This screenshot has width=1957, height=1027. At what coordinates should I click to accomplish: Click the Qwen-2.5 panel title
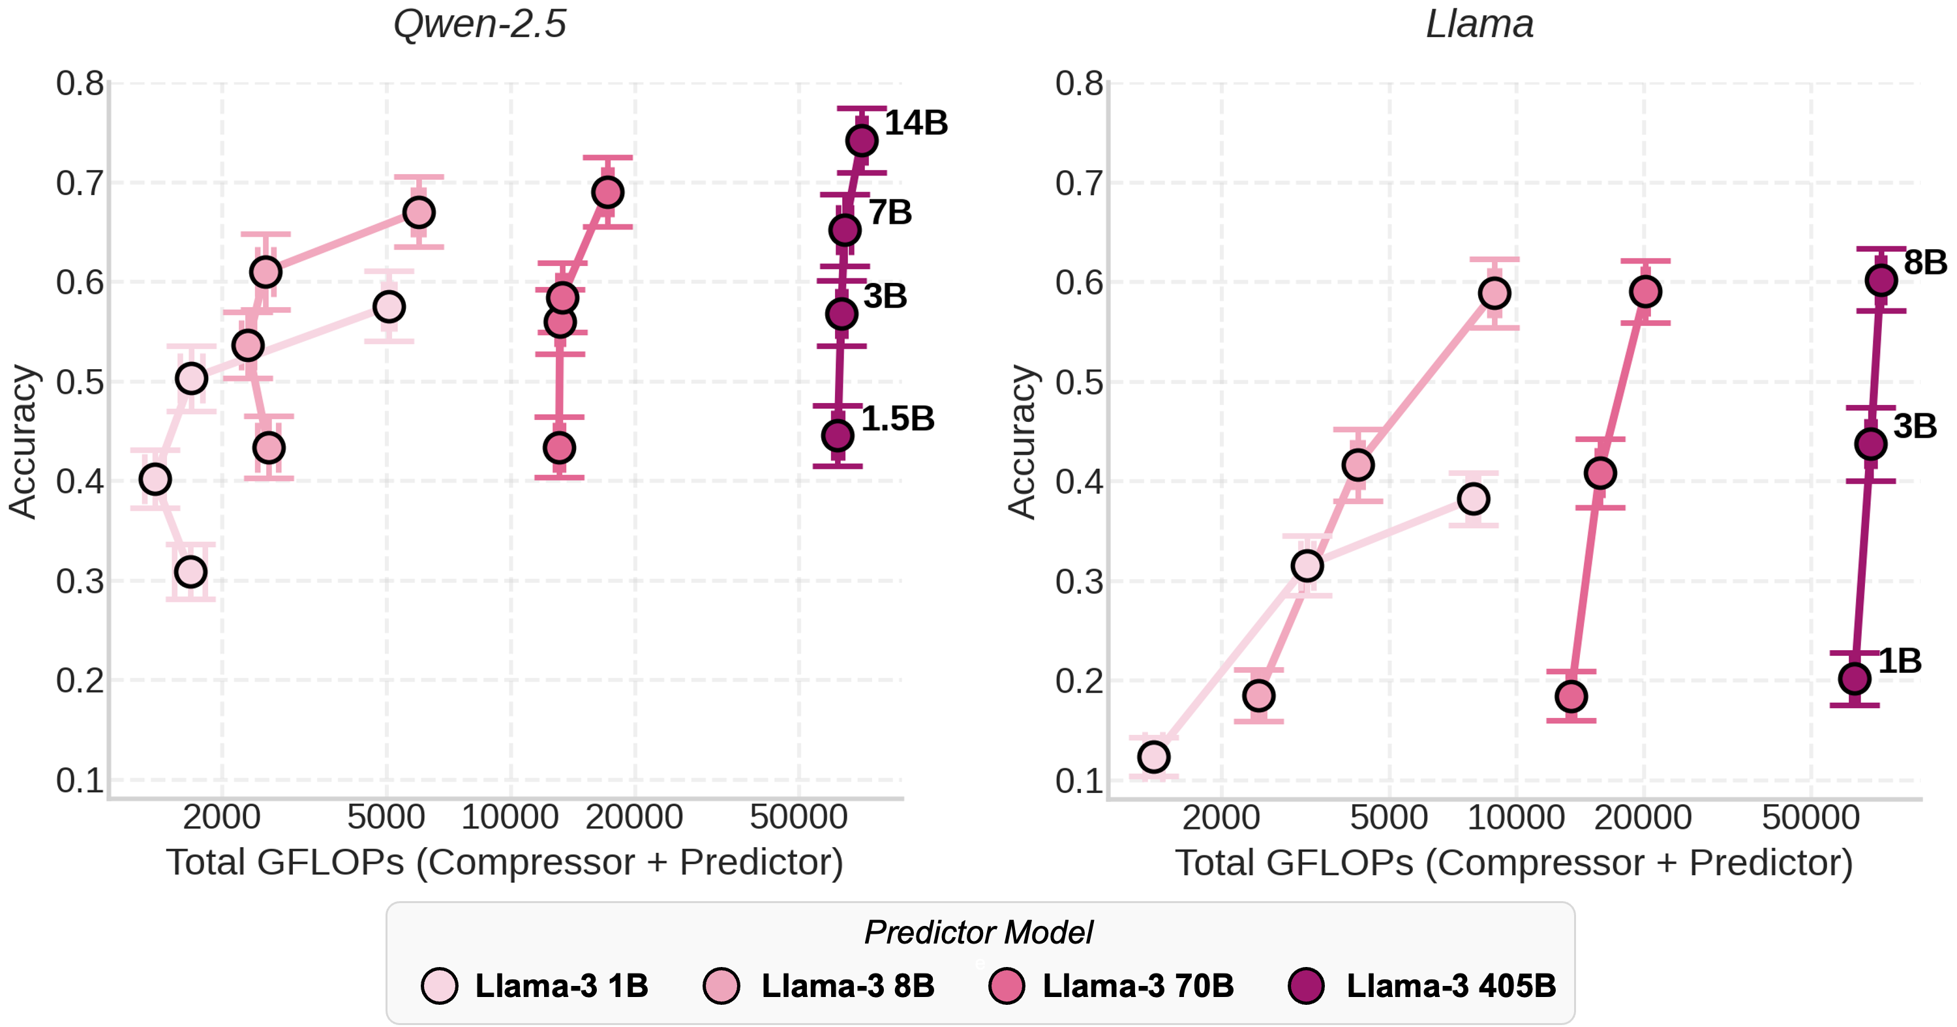(x=479, y=24)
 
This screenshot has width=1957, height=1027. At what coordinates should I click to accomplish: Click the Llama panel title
(x=1479, y=24)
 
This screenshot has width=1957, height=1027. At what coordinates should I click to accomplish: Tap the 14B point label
(x=917, y=123)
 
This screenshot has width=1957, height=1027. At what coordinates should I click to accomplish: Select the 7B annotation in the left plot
(x=890, y=213)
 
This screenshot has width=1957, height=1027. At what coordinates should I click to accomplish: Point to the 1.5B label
(x=898, y=419)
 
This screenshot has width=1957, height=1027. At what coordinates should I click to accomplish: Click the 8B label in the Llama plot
(x=1925, y=263)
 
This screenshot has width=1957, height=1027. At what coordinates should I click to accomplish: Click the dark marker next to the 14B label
(x=862, y=141)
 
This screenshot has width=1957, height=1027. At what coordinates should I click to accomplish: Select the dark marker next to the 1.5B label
(x=837, y=436)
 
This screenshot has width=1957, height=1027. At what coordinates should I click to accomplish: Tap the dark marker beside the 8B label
(x=1881, y=280)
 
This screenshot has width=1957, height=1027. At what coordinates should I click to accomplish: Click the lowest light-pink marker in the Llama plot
(x=1153, y=756)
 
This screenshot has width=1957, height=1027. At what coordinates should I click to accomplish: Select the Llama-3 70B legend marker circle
(x=1007, y=986)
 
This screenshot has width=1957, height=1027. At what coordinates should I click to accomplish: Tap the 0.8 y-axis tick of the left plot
(x=80, y=83)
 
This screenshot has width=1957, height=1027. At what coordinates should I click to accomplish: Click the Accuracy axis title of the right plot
(x=1022, y=442)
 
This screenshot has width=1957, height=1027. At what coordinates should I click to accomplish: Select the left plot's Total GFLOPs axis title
(x=504, y=863)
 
